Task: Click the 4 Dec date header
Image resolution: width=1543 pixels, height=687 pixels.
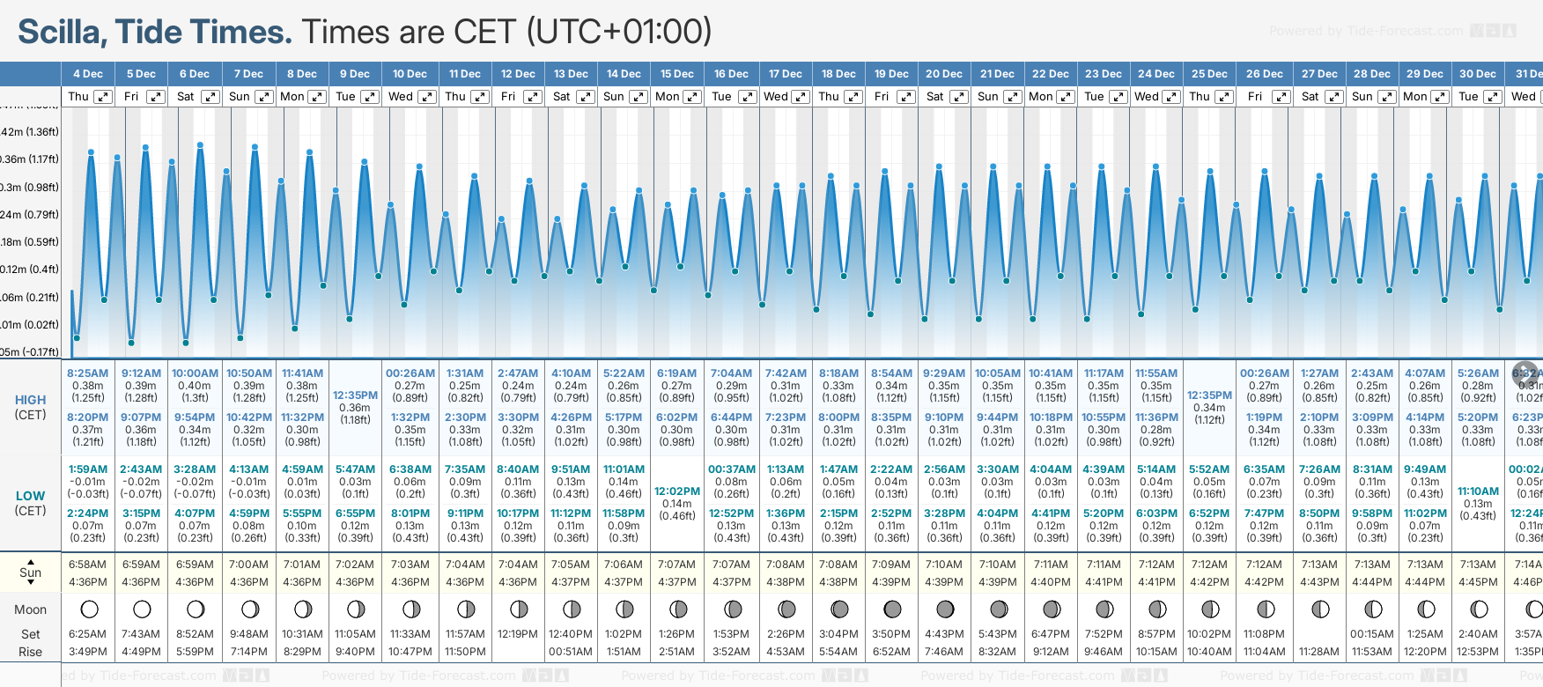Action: tap(88, 74)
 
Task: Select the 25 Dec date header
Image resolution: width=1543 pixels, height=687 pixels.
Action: tap(1209, 74)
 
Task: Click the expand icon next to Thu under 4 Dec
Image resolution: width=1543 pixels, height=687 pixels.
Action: tap(103, 97)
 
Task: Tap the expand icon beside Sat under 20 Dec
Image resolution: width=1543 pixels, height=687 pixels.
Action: tap(959, 97)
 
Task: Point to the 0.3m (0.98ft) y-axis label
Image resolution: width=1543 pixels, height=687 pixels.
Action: tap(29, 187)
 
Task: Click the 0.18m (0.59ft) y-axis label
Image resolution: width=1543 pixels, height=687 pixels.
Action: tap(29, 241)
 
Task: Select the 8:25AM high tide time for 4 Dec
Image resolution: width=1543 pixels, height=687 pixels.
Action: tap(87, 373)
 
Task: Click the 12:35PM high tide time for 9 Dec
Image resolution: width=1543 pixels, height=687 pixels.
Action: tap(355, 395)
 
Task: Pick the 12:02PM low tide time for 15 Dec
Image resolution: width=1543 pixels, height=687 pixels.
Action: tap(676, 491)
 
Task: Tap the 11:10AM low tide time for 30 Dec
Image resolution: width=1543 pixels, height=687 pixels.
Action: tap(1478, 491)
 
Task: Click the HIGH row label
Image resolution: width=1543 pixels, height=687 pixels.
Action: tap(30, 400)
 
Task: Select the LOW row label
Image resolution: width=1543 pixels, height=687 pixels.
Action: tap(30, 496)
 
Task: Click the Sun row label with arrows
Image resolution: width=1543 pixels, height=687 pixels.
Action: tap(30, 572)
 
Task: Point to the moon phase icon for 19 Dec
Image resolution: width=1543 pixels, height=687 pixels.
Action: tap(891, 609)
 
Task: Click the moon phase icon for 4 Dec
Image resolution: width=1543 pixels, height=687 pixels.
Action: tap(88, 609)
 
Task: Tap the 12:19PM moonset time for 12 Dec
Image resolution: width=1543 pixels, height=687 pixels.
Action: tap(518, 634)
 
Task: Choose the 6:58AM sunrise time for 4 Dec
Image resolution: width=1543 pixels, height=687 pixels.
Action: tap(87, 565)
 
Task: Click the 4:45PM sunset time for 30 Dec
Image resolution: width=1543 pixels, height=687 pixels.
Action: tap(1478, 582)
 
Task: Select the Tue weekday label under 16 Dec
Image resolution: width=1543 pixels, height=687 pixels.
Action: tap(721, 97)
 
